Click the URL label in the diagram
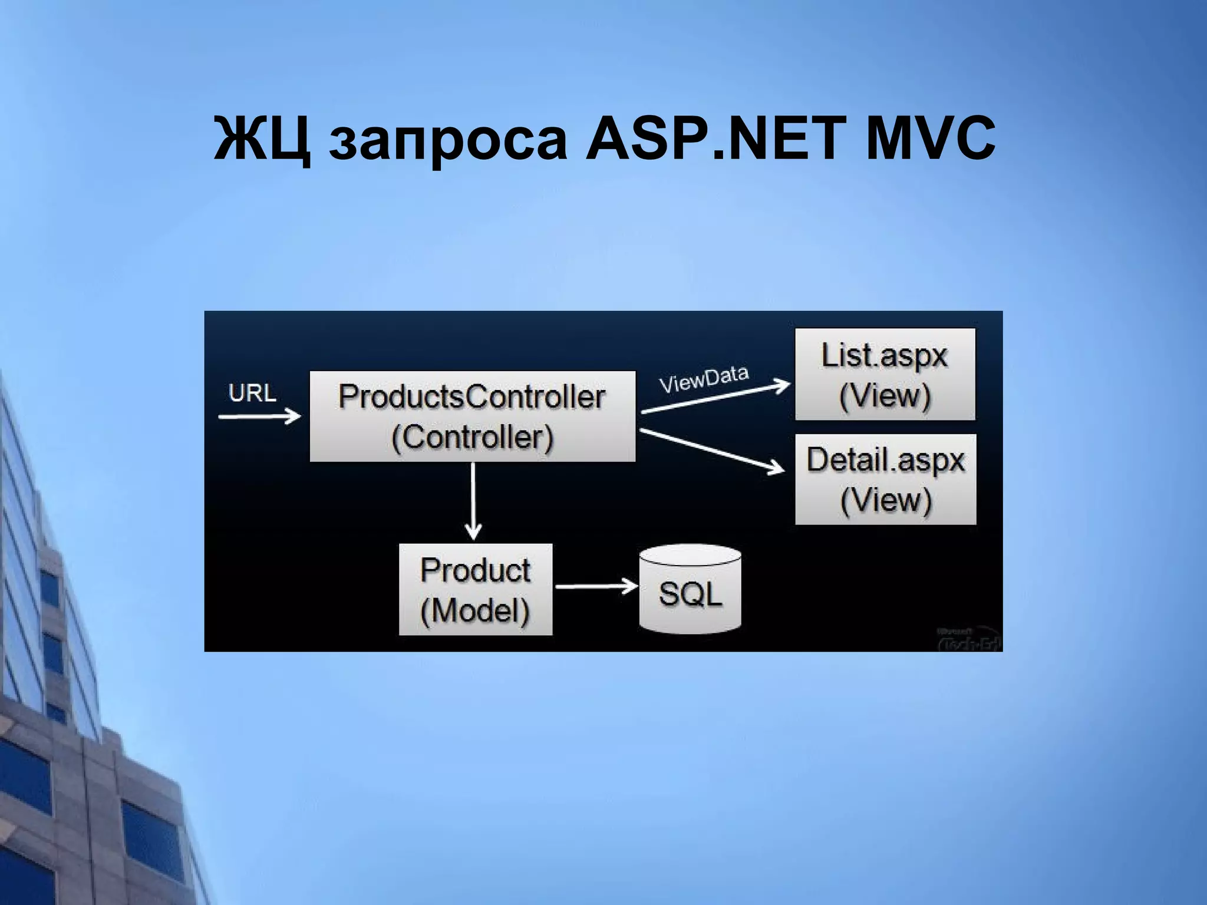tap(252, 393)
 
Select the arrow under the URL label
tap(259, 417)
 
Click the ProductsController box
tap(473, 416)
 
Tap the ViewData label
tap(704, 379)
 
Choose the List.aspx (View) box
tap(885, 374)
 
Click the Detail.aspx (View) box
tap(885, 479)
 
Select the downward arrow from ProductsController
tap(473, 501)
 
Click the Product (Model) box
tap(476, 589)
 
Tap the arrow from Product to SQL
tap(596, 586)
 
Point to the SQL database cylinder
tap(690, 589)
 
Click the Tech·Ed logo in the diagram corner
tap(968, 640)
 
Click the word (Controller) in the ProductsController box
tap(473, 437)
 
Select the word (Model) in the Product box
tap(475, 610)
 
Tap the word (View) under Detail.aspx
tap(886, 500)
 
